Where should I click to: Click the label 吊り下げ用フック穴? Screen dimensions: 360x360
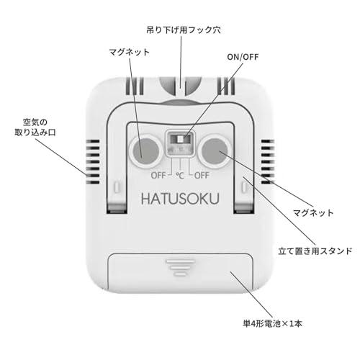click(184, 30)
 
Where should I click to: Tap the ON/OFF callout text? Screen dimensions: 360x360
click(243, 57)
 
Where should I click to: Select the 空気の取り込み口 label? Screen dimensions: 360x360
click(35, 127)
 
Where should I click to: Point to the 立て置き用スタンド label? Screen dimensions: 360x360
click(315, 251)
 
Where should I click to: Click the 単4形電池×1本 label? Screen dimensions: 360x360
click(272, 323)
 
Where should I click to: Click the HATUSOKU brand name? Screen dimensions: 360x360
click(180, 199)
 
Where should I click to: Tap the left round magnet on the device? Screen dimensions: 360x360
click(146, 151)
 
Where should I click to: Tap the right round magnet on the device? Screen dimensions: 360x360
click(215, 151)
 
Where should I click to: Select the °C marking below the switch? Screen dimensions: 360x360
click(180, 176)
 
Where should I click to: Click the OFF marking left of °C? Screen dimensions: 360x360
click(158, 176)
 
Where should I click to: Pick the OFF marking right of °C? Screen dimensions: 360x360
click(202, 176)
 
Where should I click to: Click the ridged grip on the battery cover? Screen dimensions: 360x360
click(180, 267)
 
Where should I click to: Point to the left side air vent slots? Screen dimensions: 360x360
click(93, 162)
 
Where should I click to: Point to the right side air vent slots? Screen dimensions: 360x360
click(268, 162)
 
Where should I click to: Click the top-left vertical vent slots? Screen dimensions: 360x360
click(135, 86)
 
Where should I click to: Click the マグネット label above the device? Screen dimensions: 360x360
click(129, 52)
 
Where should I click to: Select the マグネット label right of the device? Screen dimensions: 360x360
click(313, 212)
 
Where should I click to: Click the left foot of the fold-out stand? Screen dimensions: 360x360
click(117, 207)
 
